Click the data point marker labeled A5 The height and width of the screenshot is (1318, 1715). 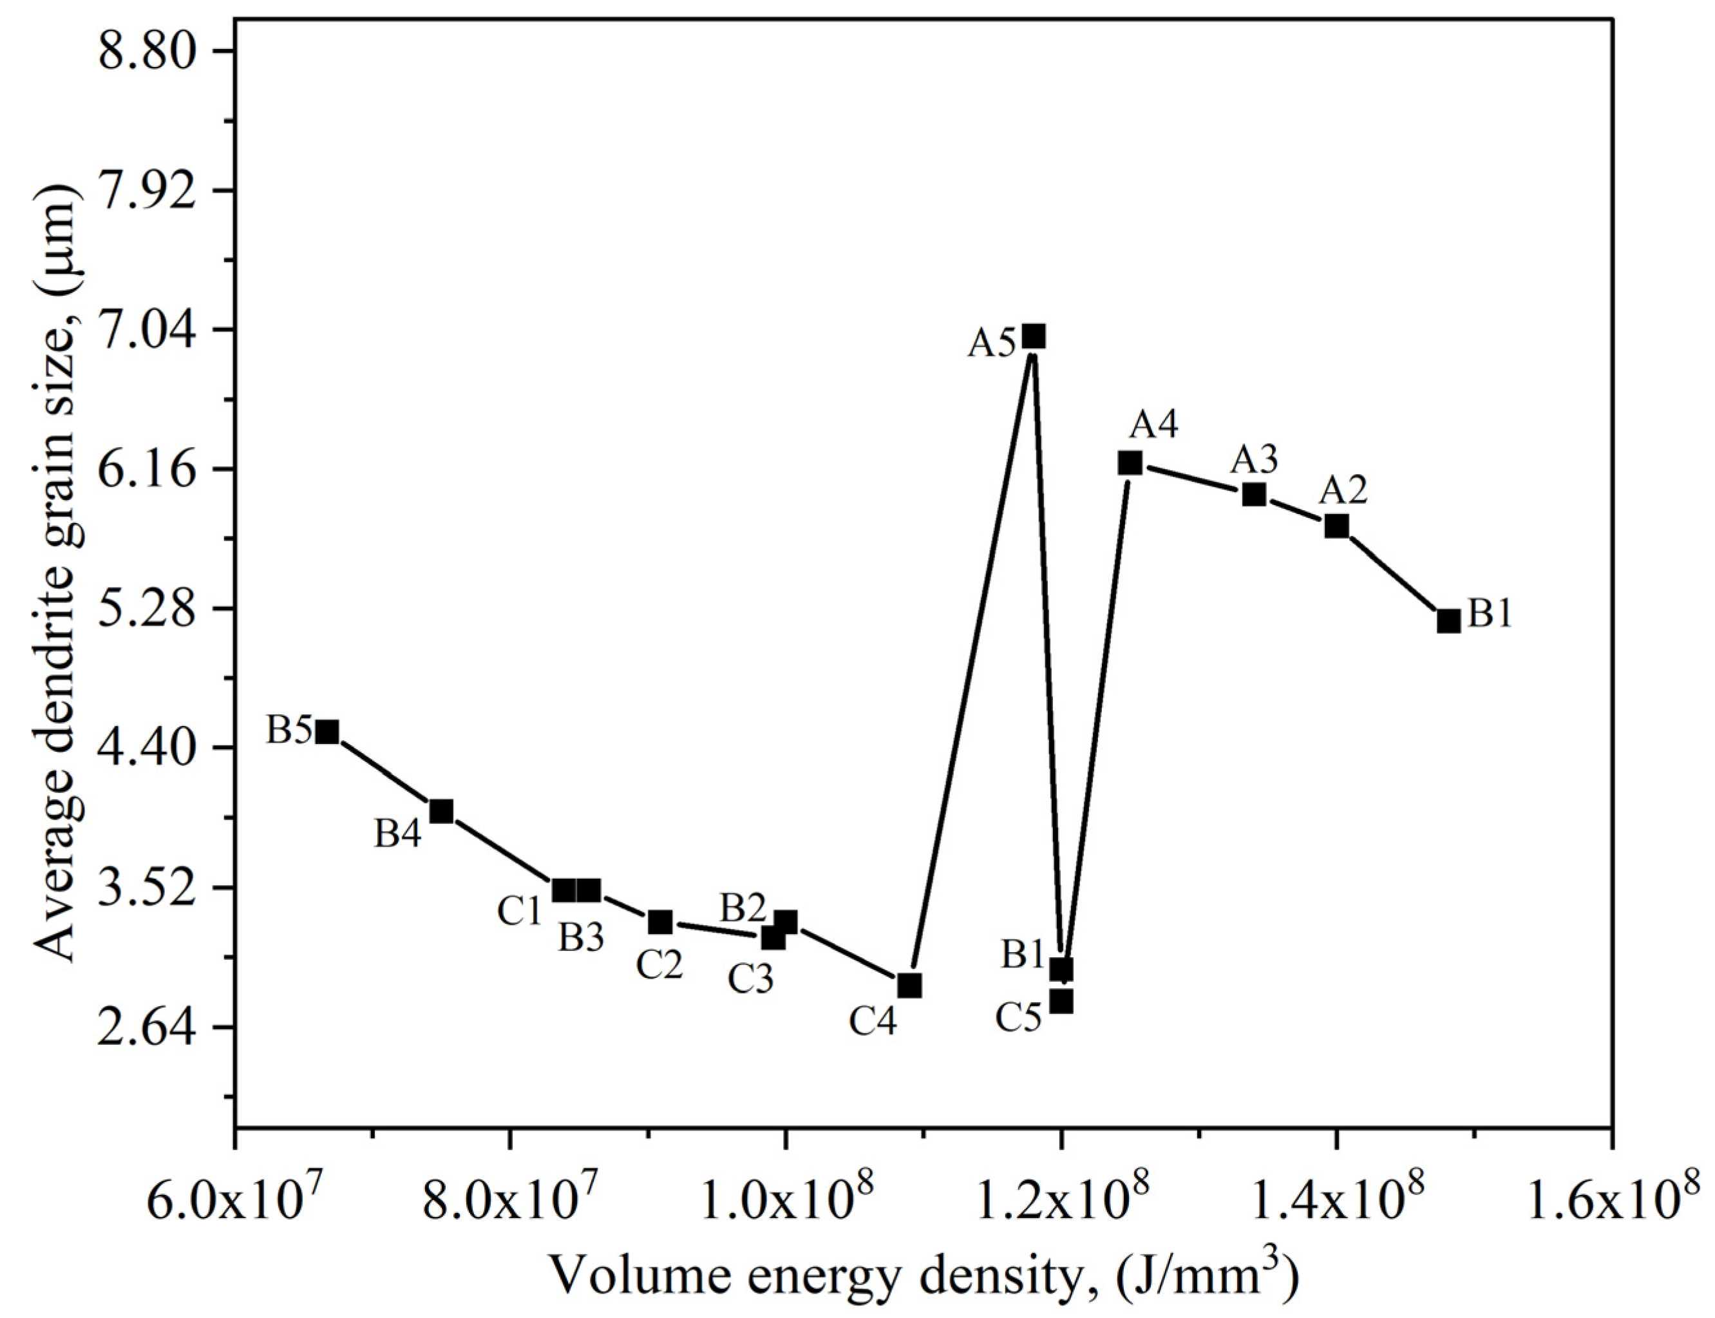point(1034,336)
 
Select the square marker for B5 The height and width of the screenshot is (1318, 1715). point(327,732)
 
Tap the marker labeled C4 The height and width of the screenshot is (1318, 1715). point(909,986)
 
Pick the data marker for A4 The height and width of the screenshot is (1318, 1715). point(1130,463)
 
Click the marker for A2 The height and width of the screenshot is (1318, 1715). point(1336,526)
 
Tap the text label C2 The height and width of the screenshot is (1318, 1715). point(659,966)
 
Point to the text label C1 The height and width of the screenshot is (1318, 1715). point(520,912)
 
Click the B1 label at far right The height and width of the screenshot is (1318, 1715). point(1489,615)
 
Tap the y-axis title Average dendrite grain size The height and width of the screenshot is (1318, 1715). point(58,580)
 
